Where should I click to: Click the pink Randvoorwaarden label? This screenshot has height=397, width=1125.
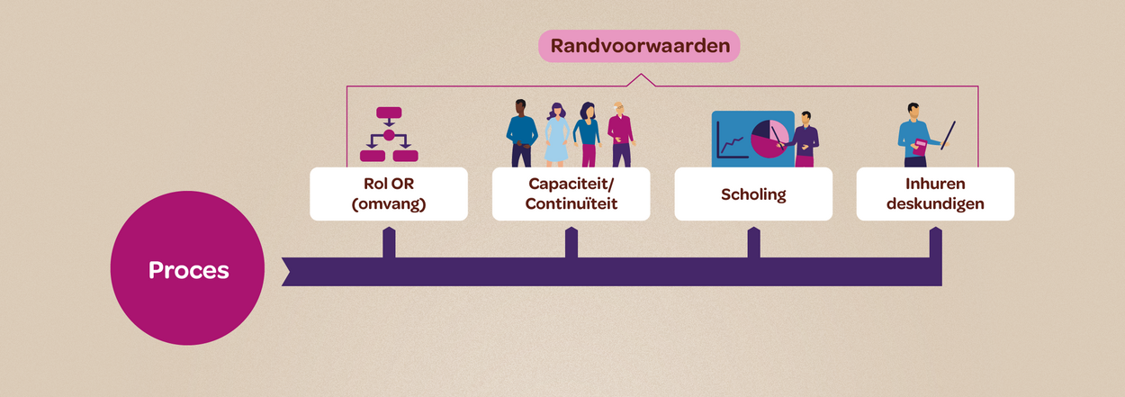pyautogui.click(x=639, y=46)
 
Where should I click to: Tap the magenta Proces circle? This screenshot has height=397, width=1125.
pyautogui.click(x=187, y=268)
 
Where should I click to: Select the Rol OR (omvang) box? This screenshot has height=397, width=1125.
pyautogui.click(x=389, y=194)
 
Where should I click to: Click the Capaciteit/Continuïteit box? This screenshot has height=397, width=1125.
pyautogui.click(x=571, y=194)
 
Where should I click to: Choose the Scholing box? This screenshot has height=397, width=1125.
pyautogui.click(x=753, y=194)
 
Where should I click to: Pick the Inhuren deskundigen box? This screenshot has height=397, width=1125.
pyautogui.click(x=935, y=194)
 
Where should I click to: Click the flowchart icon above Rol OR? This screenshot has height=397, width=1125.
pyautogui.click(x=389, y=134)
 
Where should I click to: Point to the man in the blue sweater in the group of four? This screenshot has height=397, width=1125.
pyautogui.click(x=521, y=133)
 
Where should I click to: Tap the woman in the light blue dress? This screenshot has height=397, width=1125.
pyautogui.click(x=556, y=135)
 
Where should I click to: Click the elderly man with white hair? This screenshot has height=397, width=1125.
pyautogui.click(x=621, y=135)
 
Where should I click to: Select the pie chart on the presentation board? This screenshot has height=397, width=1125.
pyautogui.click(x=769, y=139)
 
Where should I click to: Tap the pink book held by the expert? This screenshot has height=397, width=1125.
pyautogui.click(x=920, y=148)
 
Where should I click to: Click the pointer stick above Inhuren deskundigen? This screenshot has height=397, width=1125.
pyautogui.click(x=949, y=135)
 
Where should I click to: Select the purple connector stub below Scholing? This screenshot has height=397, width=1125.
pyautogui.click(x=753, y=243)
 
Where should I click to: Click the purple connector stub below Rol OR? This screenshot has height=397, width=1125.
pyautogui.click(x=389, y=243)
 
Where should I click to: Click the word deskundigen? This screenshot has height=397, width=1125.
pyautogui.click(x=935, y=204)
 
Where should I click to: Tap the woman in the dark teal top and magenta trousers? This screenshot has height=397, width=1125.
pyautogui.click(x=587, y=135)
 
